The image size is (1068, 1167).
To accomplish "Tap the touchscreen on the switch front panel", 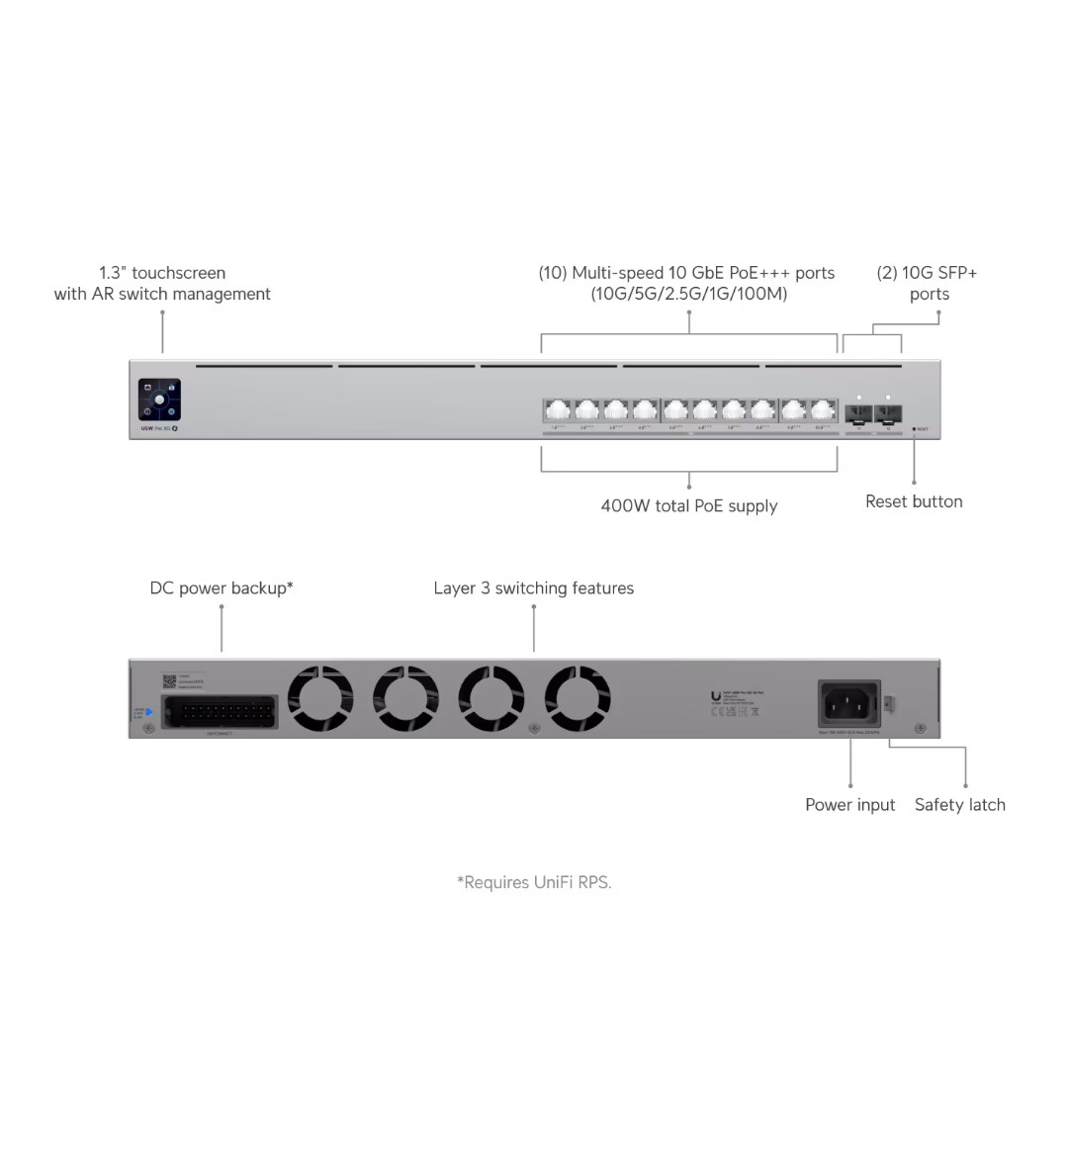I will coord(159,400).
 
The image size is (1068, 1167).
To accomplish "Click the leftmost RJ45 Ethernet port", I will coord(558,410).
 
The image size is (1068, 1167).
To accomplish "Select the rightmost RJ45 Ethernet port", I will coord(824,410).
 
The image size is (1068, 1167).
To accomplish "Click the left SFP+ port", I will coord(859,413).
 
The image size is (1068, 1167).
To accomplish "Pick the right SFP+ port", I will coord(888,413).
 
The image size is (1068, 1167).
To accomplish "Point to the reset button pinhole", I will coord(914,429).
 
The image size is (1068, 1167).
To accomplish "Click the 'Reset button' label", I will coord(914,501).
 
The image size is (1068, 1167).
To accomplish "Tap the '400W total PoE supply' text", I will coord(689,505).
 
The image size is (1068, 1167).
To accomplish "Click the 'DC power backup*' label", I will coord(222,587).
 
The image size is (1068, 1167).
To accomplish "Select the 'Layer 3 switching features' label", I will coord(534,587).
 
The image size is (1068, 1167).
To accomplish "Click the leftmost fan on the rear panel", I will coord(320,698).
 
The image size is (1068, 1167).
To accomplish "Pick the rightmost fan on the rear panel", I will coord(578,698).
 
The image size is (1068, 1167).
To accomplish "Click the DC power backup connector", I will coord(220,712).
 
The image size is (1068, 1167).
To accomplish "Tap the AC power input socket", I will coord(849,704).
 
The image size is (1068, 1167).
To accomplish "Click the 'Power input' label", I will coord(849,805).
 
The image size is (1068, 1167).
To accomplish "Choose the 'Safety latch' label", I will coord(960,805).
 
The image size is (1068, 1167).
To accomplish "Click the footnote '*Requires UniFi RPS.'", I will coord(534,882).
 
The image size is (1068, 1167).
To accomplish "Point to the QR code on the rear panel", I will coord(169,681).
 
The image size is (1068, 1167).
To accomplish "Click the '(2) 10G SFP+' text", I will coord(927,273).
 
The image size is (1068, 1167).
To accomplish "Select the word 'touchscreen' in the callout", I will coord(179,273).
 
